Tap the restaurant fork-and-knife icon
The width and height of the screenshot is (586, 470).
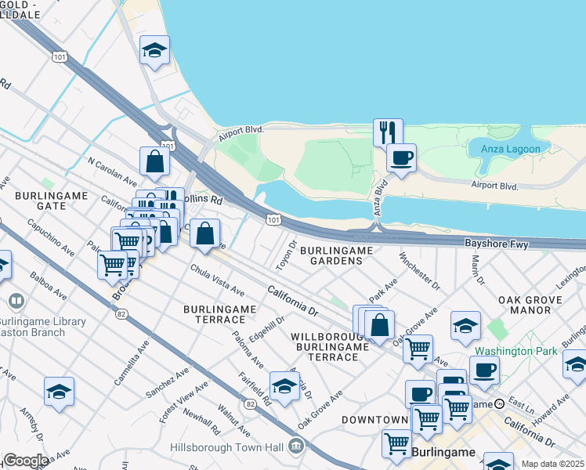coord(388,132)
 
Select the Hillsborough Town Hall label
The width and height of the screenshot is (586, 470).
coord(227,447)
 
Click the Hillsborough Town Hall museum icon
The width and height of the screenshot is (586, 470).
coord(296,446)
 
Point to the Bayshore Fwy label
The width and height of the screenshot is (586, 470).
coord(497,244)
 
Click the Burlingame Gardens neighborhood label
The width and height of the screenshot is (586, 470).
coord(335,255)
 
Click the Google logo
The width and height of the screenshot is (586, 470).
coord(25,461)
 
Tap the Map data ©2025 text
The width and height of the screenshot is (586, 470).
coord(552,464)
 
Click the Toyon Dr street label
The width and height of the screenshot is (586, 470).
coord(291,253)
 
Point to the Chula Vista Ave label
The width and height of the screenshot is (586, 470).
coord(218,280)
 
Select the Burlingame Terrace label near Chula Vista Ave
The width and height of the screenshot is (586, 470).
coord(220,314)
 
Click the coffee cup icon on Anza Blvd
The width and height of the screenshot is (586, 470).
coord(401,157)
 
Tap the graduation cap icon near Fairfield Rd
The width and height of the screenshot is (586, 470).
coord(284,385)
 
